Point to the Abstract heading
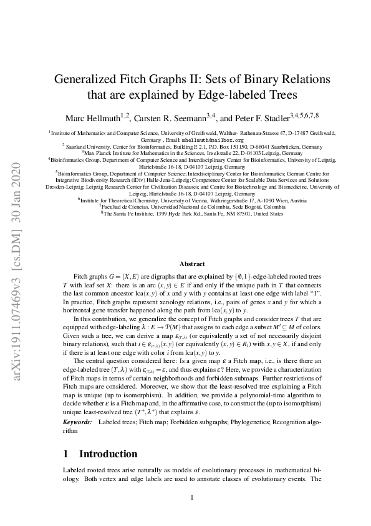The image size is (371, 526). point(192,264)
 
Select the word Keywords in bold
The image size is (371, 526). point(77,422)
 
